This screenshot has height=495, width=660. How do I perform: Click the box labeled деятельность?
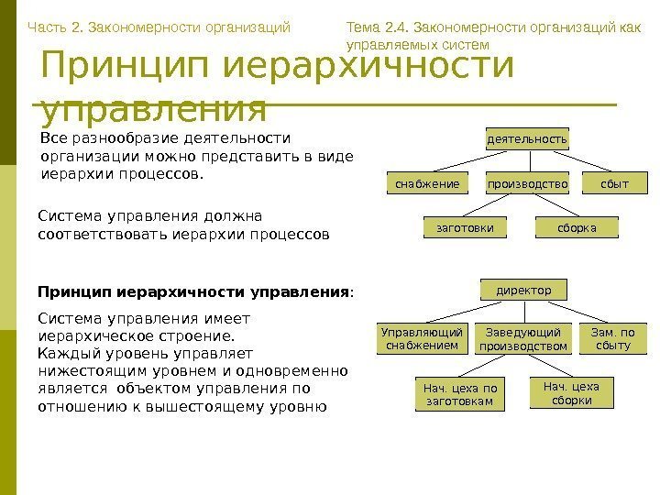click(x=526, y=138)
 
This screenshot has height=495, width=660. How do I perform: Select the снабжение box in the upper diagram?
click(x=426, y=183)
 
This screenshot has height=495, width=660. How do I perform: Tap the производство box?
click(x=526, y=183)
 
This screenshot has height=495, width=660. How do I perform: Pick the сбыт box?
click(x=614, y=183)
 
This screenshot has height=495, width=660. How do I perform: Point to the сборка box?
click(x=577, y=226)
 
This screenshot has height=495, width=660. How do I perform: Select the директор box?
click(x=523, y=291)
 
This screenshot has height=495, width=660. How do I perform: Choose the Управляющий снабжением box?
click(x=422, y=338)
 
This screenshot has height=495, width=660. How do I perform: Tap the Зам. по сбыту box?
click(x=613, y=338)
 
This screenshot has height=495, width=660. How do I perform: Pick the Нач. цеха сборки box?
click(x=571, y=393)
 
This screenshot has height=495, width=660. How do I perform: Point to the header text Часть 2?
click(x=54, y=27)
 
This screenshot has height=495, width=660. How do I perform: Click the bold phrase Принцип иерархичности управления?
click(x=192, y=292)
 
